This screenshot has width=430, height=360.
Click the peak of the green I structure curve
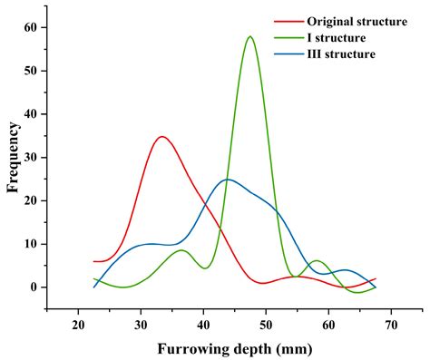pos(249,37)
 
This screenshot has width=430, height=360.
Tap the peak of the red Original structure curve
pos(161,137)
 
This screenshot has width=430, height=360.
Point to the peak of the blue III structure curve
pos(227,180)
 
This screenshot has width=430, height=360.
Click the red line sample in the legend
pos(288,22)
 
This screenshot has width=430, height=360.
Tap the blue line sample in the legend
pos(288,54)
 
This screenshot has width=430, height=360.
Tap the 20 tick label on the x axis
pos(79,324)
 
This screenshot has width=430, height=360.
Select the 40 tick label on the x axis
pos(203,324)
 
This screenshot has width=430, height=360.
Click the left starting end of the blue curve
pos(94,287)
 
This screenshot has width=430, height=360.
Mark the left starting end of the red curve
pos(94,261)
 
